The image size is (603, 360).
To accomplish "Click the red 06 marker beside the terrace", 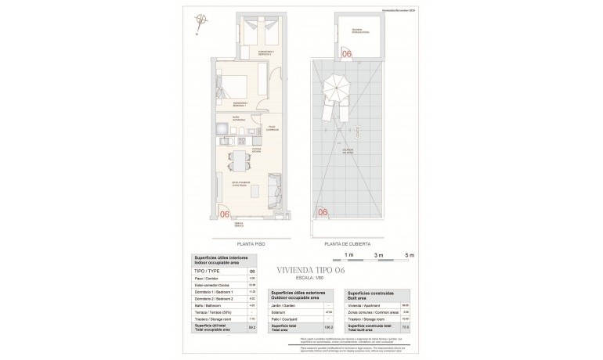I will pos(224,213).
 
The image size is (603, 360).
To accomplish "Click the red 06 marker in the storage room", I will pos(347,53).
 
